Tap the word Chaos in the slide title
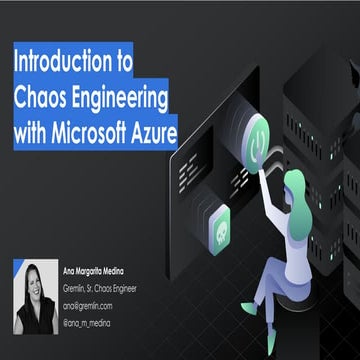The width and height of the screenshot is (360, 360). click(44, 97)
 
